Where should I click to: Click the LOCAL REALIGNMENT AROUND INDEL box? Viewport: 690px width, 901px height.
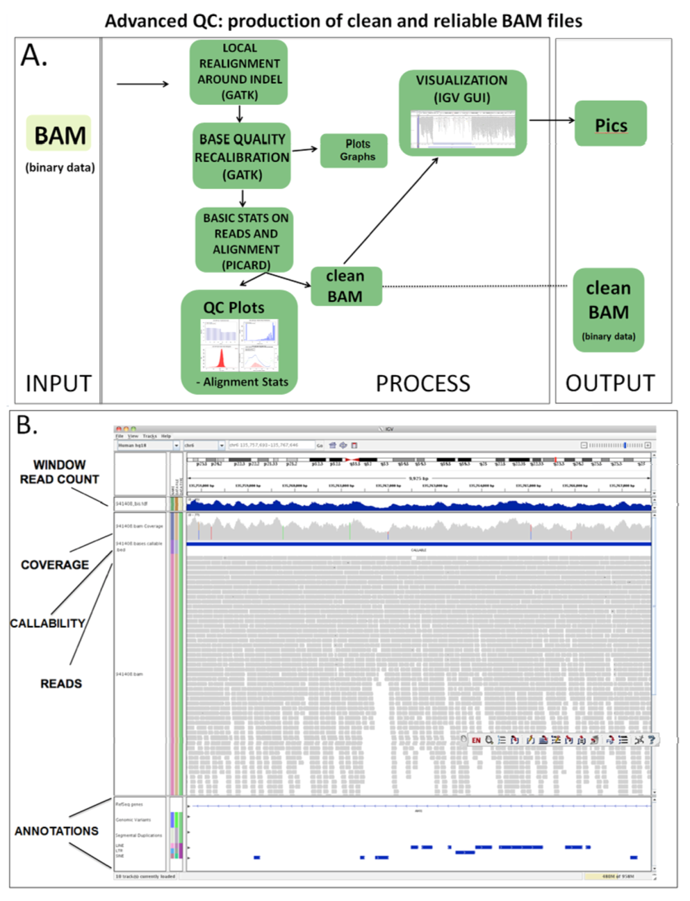pyautogui.click(x=239, y=72)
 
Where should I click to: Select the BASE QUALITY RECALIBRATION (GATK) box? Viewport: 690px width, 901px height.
pyautogui.click(x=241, y=156)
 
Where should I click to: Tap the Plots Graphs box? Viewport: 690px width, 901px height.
pyautogui.click(x=354, y=150)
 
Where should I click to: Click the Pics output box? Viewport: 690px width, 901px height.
pyautogui.click(x=610, y=124)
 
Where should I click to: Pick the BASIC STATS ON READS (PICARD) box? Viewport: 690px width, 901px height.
pyautogui.click(x=245, y=240)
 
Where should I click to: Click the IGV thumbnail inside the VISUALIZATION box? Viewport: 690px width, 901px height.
pyautogui.click(x=462, y=129)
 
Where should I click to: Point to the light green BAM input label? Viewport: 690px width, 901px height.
pyautogui.click(x=59, y=134)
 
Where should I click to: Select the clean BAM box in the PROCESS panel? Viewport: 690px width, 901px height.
pyautogui.click(x=346, y=286)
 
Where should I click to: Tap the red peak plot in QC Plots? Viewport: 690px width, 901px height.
pyautogui.click(x=220, y=357)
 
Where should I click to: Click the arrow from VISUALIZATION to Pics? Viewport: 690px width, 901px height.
pyautogui.click(x=551, y=120)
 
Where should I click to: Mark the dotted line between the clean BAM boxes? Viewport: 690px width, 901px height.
pyautogui.click(x=475, y=286)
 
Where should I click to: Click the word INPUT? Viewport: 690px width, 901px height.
pyautogui.click(x=58, y=383)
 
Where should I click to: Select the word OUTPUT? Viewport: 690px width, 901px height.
pyautogui.click(x=610, y=383)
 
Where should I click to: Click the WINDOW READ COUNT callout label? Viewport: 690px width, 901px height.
pyautogui.click(x=59, y=472)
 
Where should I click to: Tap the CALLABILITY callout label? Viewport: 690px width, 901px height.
pyautogui.click(x=47, y=623)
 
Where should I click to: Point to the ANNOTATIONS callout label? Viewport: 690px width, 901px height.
pyautogui.click(x=56, y=831)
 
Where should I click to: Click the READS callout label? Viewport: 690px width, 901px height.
pyautogui.click(x=61, y=683)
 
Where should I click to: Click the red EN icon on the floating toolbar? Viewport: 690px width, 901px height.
pyautogui.click(x=476, y=740)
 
